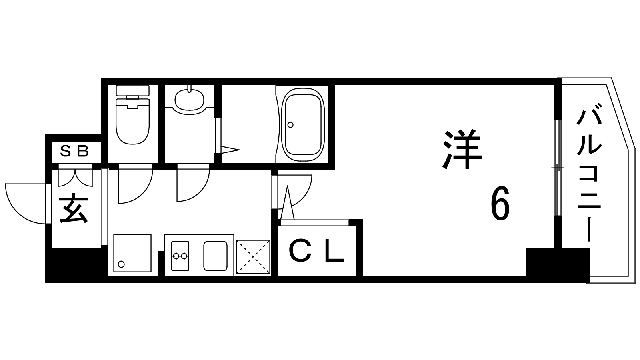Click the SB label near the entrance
tap(74, 151)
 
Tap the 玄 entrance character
tap(74, 209)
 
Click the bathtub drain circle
tap(290, 125)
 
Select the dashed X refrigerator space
tap(253, 256)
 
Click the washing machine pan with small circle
tap(132, 254)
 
